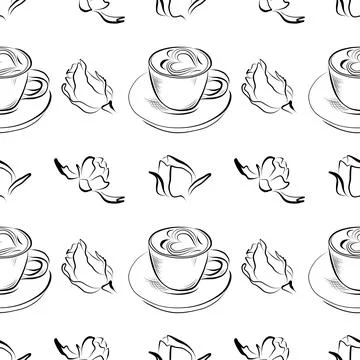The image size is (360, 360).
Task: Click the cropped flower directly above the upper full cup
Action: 180,10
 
